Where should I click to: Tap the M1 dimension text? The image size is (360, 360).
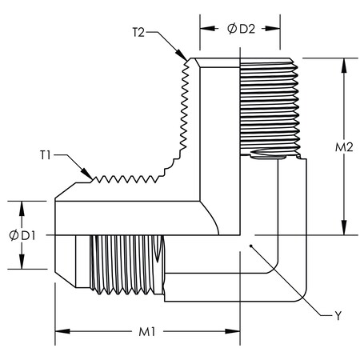pos(146,330)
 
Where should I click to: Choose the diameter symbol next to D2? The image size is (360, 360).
pos(232,29)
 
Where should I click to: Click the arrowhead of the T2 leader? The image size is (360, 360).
pos(187,61)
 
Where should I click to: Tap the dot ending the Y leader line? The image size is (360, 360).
pos(250,246)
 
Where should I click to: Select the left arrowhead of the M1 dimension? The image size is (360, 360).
pos(58,330)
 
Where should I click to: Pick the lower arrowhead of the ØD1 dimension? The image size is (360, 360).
pos(22,269)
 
